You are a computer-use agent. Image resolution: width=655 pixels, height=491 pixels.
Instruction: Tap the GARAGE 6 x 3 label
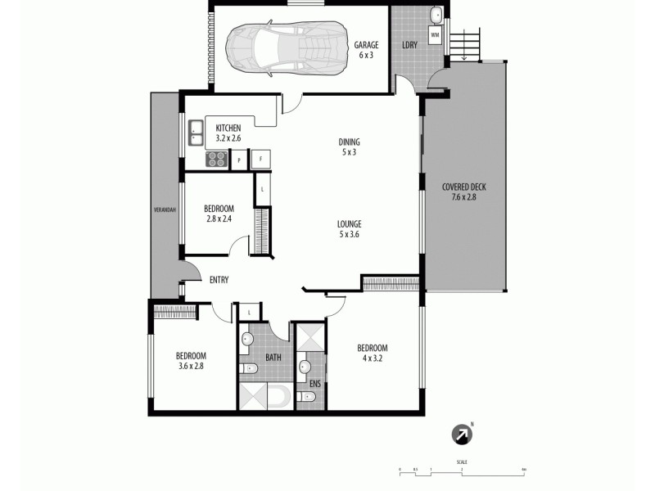[x=365, y=50]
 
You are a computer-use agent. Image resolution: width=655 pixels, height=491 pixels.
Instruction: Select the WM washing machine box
[x=434, y=36]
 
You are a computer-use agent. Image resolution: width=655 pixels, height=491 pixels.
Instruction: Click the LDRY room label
[x=409, y=45]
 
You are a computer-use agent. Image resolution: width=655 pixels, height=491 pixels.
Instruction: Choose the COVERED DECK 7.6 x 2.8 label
[x=463, y=191]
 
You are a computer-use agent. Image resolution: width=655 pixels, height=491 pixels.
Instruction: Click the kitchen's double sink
[x=196, y=128]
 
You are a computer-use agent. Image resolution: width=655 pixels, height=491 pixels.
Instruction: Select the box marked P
[x=238, y=160]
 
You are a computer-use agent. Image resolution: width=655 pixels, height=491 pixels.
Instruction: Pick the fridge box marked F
[x=261, y=159]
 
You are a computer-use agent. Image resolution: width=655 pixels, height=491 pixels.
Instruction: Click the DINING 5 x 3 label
[x=350, y=146]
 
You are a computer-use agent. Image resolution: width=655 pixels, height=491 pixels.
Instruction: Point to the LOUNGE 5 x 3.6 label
[x=350, y=229]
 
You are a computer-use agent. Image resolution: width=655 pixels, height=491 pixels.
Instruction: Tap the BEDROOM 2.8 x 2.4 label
[x=219, y=213]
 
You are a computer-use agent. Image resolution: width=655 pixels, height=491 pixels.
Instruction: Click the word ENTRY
[x=219, y=280]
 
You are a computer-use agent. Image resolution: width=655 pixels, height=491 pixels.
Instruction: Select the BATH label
[x=273, y=358]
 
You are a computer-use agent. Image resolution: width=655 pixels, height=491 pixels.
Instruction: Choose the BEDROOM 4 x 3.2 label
[x=373, y=352]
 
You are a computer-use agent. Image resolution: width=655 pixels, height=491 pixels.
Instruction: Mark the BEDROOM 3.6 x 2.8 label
[x=191, y=361]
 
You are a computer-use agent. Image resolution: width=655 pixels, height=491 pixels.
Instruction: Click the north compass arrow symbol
[x=463, y=435]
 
